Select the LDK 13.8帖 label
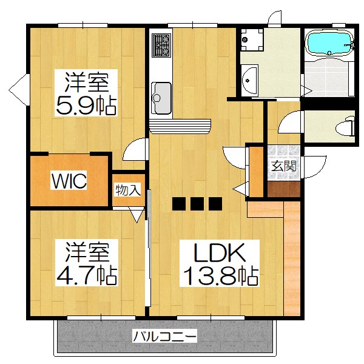tap(218, 264)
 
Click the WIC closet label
tap(69, 181)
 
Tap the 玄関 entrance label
tap(283, 166)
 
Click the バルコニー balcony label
tap(164, 335)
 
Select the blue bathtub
tap(329, 44)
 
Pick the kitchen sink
tap(161, 94)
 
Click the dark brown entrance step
tap(283, 189)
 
